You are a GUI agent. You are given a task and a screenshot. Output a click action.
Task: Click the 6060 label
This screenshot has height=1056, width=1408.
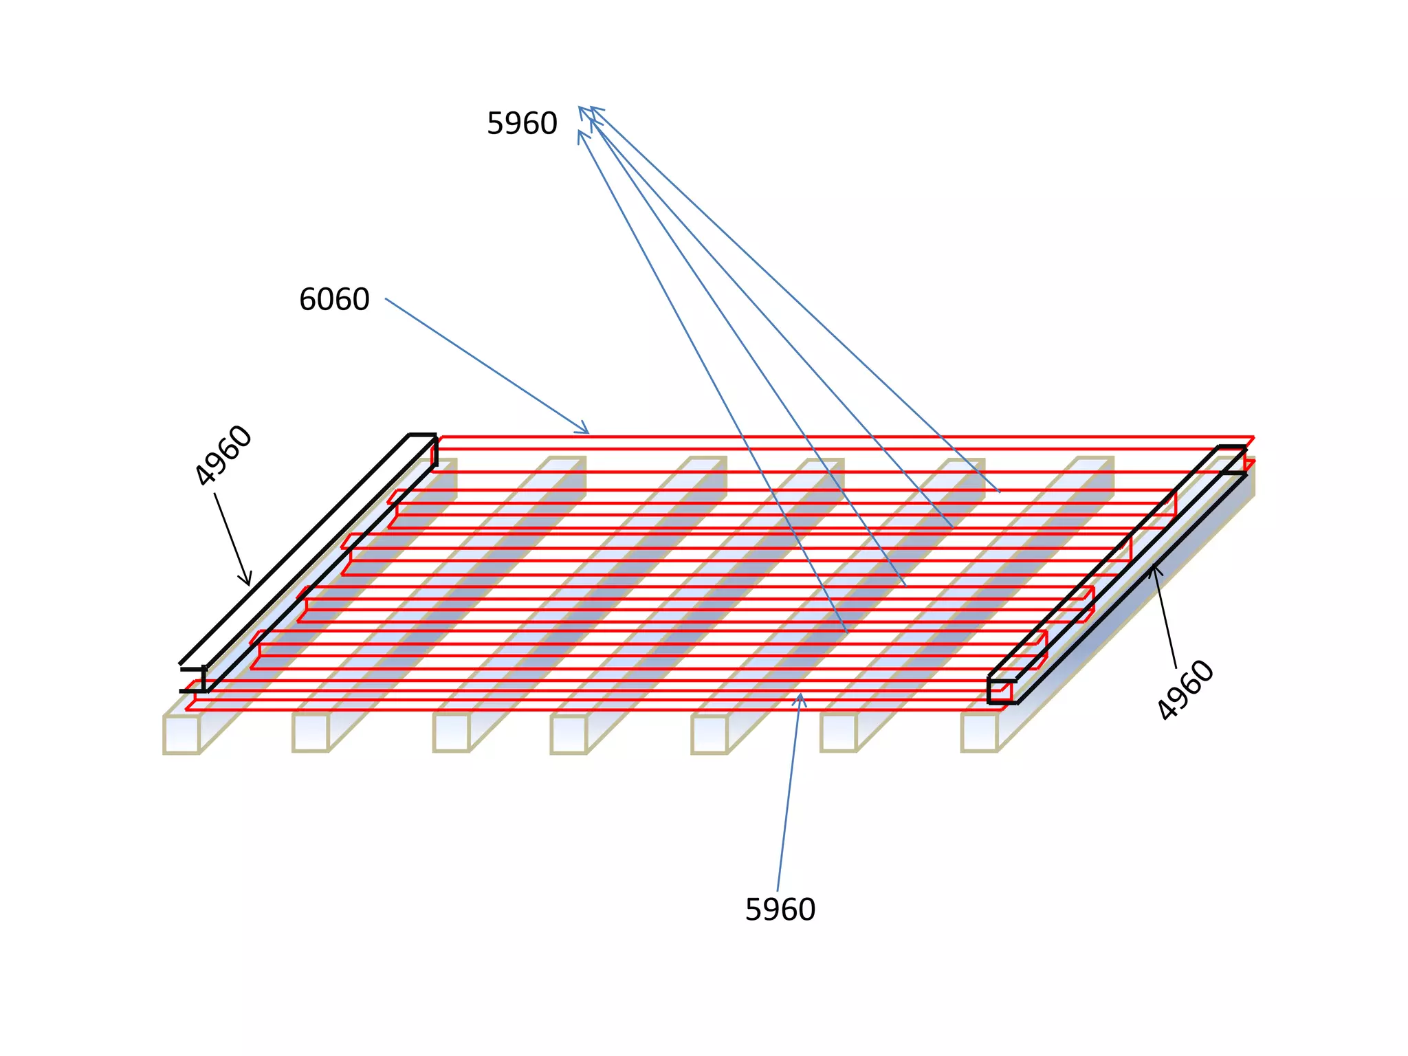pyautogui.click(x=334, y=300)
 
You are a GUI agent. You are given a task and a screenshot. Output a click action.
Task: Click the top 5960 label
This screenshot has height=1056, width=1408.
pyautogui.click(x=522, y=124)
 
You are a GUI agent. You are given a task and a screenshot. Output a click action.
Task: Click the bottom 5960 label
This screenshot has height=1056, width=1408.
pyautogui.click(x=780, y=910)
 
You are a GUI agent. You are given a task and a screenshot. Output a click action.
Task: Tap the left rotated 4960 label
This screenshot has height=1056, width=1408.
pyautogui.click(x=223, y=455)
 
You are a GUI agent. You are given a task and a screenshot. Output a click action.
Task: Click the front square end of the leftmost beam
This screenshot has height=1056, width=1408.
pyautogui.click(x=181, y=734)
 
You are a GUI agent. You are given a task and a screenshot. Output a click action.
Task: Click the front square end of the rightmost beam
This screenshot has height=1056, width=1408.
pyautogui.click(x=979, y=733)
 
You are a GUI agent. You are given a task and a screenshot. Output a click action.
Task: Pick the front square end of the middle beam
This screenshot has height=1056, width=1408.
pyautogui.click(x=569, y=734)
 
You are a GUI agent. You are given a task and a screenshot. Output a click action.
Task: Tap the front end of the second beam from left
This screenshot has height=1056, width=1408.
pyautogui.click(x=311, y=733)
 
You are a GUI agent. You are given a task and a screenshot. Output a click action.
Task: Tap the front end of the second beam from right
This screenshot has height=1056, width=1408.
pyautogui.click(x=839, y=733)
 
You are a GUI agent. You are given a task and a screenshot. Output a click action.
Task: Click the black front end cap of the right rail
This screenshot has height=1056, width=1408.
pyautogui.click(x=1001, y=692)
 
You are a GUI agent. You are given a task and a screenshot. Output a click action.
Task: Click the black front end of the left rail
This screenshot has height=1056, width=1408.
pyautogui.click(x=194, y=680)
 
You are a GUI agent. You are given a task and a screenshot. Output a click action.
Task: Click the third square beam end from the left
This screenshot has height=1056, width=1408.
pyautogui.click(x=451, y=733)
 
